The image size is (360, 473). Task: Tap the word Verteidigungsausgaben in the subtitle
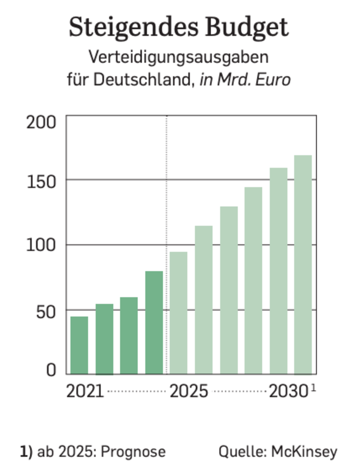click(178, 57)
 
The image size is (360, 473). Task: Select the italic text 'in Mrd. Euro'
click(245, 79)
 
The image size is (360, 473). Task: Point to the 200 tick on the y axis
click(41, 122)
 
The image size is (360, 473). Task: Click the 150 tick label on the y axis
click(41, 182)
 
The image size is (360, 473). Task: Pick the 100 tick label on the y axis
click(41, 245)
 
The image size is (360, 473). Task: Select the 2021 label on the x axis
click(85, 392)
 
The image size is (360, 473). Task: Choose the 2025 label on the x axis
click(189, 392)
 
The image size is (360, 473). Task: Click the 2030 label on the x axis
click(288, 392)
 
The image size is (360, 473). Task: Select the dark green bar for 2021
click(79, 345)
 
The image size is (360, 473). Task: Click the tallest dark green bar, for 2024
click(154, 322)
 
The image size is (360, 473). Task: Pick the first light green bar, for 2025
click(178, 313)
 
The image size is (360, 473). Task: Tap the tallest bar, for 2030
click(303, 264)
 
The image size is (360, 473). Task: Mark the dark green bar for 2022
click(104, 339)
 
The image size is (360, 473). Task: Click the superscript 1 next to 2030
click(313, 388)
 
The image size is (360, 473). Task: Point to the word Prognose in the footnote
click(133, 452)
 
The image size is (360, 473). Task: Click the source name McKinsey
click(304, 452)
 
